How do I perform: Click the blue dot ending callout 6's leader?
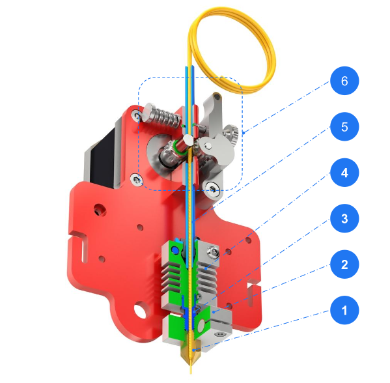click(x=243, y=134)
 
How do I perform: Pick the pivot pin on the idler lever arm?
click(x=206, y=145)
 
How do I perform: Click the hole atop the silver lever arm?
click(x=216, y=98)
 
